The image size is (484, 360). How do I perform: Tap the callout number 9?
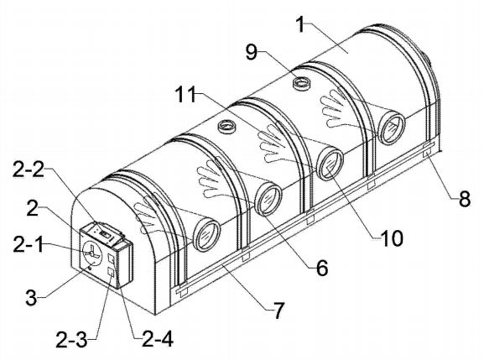click(252, 51)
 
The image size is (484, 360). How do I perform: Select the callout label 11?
click(185, 94)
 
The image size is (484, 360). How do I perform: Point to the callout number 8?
click(465, 199)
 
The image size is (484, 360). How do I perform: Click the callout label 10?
click(392, 238)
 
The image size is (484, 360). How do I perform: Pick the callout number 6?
click(322, 268)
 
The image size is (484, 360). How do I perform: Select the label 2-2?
click(29, 170)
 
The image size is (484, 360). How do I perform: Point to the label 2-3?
click(71, 340)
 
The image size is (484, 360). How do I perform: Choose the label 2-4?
click(158, 339)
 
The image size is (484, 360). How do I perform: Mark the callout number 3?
click(31, 298)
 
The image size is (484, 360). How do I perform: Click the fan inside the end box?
click(91, 253)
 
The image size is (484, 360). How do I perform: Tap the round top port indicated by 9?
click(301, 83)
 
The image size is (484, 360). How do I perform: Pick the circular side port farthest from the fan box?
click(391, 128)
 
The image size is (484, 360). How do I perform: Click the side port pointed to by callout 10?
click(330, 164)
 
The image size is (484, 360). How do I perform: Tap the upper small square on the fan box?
click(111, 258)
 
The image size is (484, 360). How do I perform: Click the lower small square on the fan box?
click(110, 272)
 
